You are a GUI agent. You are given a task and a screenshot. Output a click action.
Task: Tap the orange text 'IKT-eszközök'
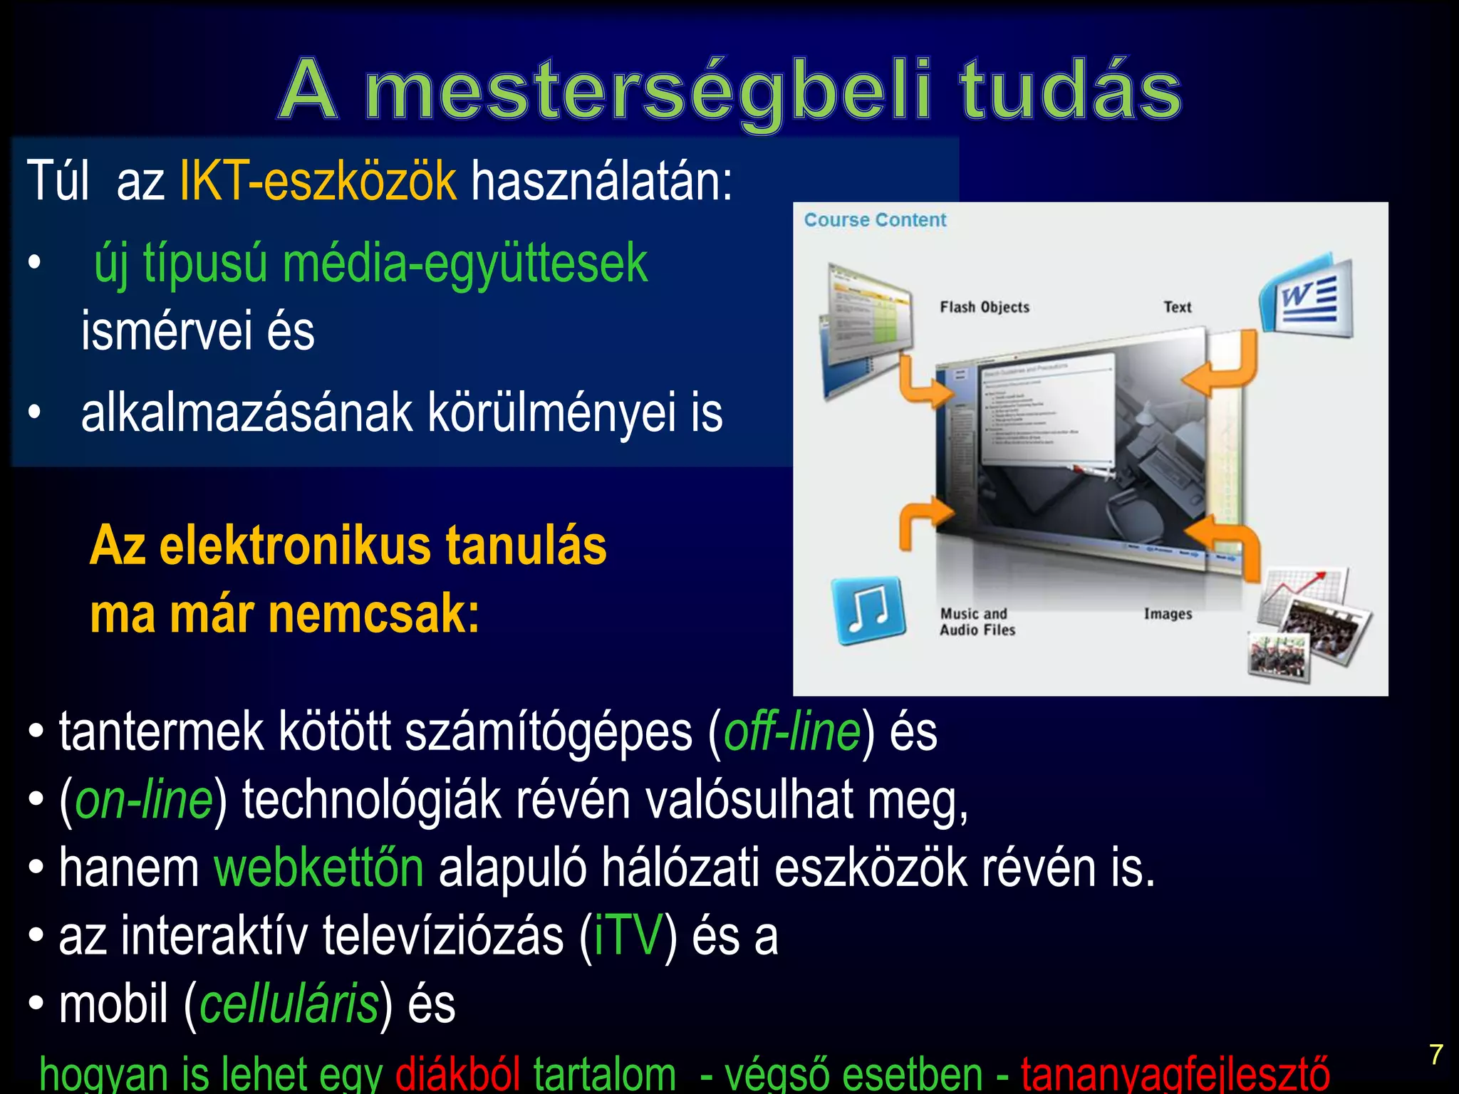[318, 181]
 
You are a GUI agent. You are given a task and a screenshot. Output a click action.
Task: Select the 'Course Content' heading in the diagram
[875, 220]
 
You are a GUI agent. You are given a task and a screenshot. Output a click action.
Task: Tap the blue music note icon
[868, 610]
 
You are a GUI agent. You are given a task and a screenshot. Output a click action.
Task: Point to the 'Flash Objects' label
[985, 307]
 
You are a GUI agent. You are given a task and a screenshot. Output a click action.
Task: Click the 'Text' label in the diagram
[1177, 307]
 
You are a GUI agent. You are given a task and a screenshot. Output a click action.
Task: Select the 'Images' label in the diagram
[1168, 614]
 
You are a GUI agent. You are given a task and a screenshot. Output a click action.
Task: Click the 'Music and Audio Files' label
[977, 622]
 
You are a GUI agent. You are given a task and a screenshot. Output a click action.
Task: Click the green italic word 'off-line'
[792, 732]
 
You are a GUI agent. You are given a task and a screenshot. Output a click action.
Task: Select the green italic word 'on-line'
[144, 801]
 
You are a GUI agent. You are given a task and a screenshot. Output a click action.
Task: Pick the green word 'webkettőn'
[319, 868]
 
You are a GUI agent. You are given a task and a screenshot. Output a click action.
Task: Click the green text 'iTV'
[628, 936]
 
